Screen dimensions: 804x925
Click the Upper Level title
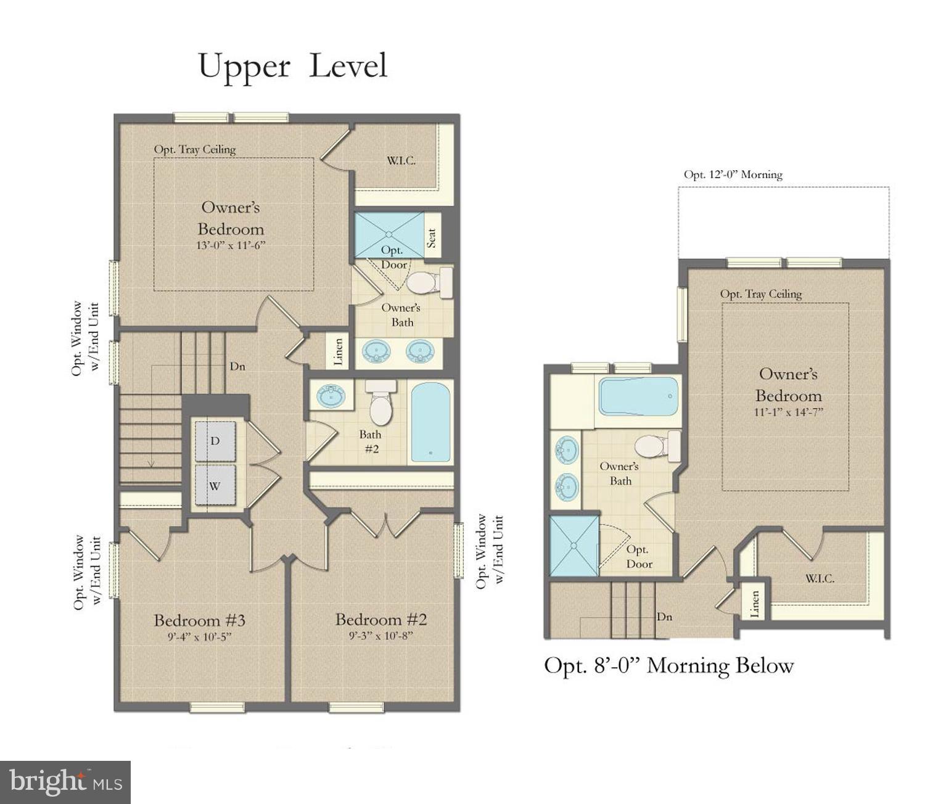293,67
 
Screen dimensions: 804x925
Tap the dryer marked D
215,441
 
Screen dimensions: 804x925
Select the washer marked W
215,485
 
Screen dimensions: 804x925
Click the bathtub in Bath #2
430,422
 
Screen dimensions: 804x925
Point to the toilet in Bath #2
380,404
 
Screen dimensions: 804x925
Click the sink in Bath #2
331,395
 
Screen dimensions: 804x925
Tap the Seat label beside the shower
432,237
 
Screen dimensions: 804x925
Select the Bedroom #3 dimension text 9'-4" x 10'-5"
199,637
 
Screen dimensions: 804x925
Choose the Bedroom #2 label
380,619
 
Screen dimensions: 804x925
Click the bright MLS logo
65,782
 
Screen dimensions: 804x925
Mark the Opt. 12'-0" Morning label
733,174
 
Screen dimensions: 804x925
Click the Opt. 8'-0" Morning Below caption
668,666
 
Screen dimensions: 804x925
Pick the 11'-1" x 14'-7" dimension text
788,412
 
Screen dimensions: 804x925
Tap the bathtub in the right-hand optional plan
638,396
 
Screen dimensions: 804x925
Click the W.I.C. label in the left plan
401,161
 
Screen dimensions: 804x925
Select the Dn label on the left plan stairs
237,366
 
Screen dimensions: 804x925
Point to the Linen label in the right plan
754,604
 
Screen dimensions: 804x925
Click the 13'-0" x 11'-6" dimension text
231,245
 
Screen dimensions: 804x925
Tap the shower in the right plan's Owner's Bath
573,546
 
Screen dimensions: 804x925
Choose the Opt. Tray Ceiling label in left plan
195,149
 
